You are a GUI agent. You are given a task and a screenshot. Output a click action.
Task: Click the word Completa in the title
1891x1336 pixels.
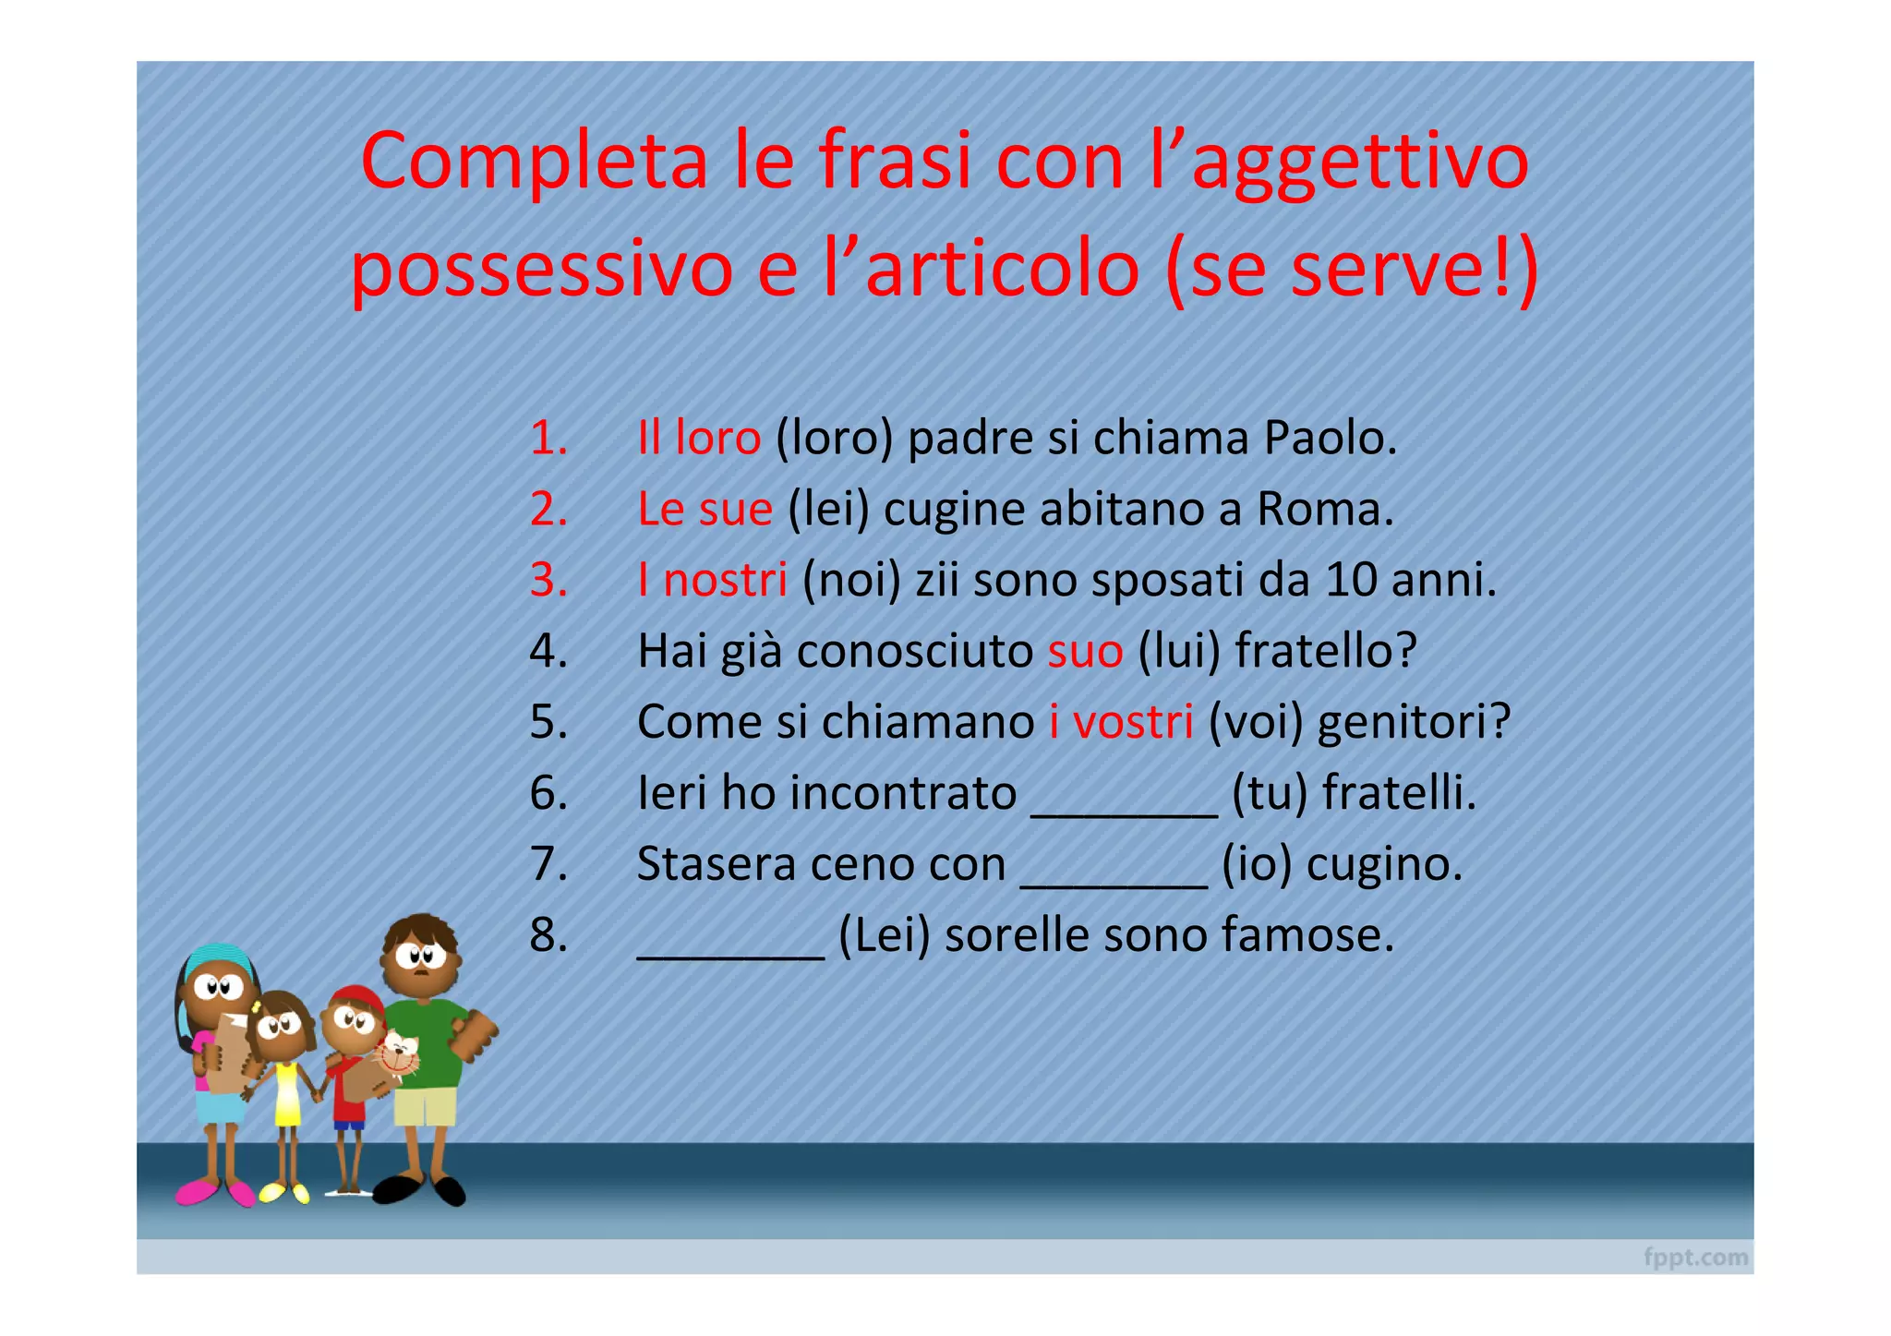[534, 162]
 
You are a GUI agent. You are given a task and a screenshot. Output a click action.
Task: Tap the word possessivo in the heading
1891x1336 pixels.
[541, 270]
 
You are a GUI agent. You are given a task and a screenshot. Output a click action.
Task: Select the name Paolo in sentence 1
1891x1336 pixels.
[1330, 438]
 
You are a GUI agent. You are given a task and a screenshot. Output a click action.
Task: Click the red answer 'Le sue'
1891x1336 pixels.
[705, 509]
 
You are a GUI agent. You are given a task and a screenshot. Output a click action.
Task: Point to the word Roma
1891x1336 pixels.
[1323, 509]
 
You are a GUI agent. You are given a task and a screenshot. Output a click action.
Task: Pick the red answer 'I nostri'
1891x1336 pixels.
[712, 580]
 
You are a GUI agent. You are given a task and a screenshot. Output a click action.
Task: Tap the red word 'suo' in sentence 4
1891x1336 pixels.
[1085, 651]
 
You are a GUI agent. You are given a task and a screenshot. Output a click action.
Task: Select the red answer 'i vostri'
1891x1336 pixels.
[1121, 722]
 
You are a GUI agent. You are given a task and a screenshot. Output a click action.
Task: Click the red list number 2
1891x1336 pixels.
[548, 509]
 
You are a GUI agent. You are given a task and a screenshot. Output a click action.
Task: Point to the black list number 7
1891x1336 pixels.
[548, 864]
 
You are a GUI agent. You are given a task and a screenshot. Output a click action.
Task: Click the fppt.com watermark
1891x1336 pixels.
[1695, 1257]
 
